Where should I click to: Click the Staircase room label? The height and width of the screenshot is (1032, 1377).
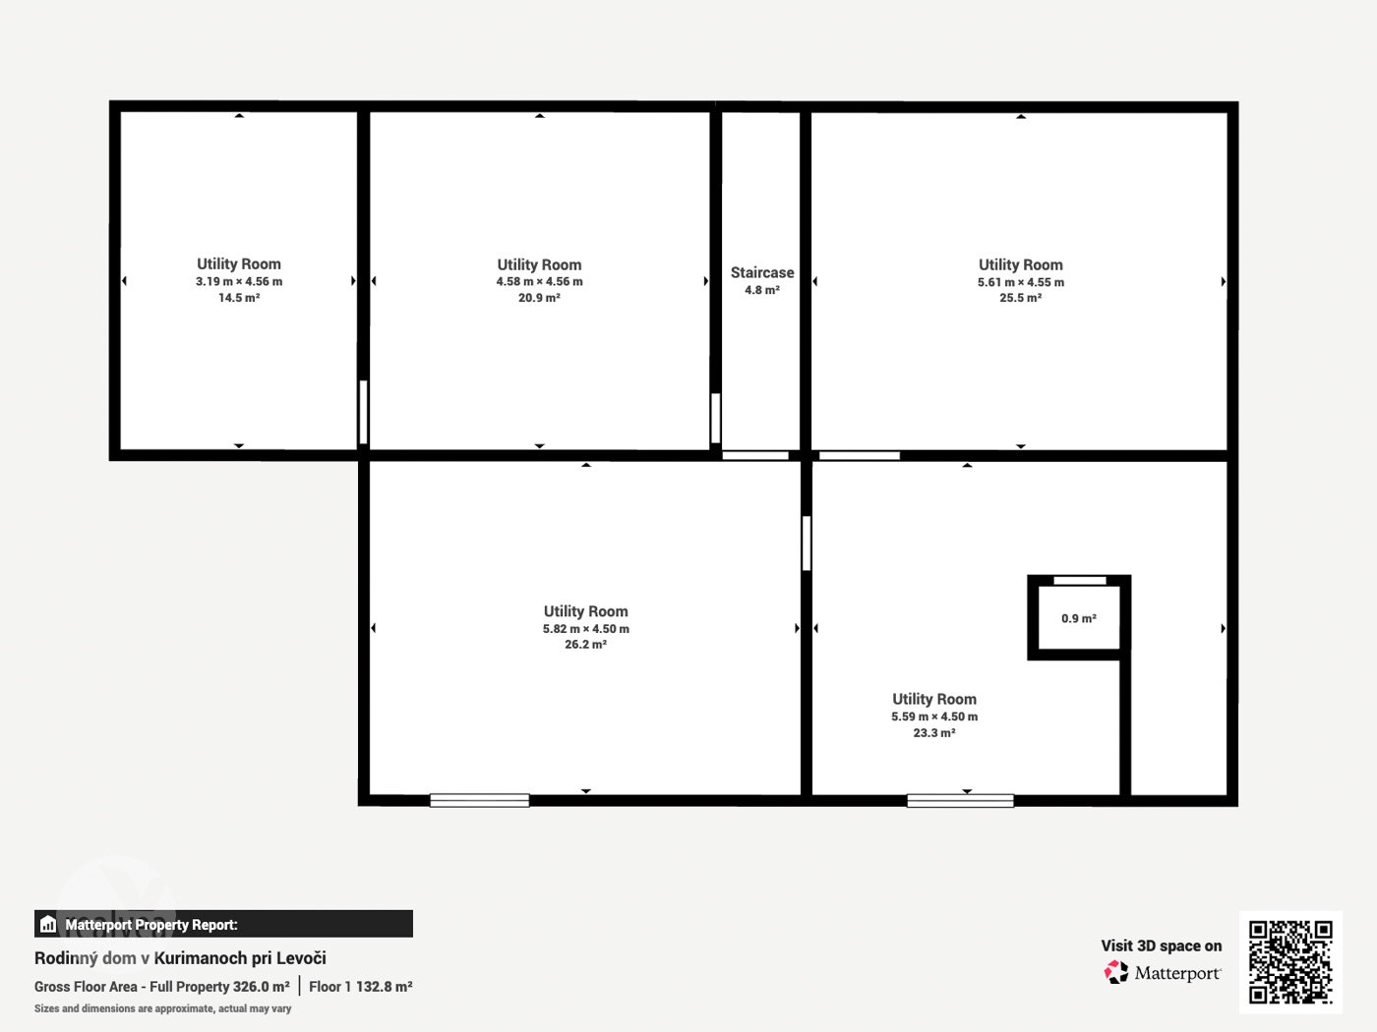(762, 272)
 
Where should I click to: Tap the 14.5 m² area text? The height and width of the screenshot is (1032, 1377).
(239, 298)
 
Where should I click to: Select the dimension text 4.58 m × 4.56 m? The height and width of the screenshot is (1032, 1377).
(540, 281)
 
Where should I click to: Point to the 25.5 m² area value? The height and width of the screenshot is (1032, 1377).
(1021, 298)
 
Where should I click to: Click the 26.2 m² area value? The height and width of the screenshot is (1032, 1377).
(586, 644)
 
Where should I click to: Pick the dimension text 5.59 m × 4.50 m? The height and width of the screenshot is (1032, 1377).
(934, 717)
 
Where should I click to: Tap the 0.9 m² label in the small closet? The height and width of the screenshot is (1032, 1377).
(1079, 618)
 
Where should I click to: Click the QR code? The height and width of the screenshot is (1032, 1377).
(1290, 962)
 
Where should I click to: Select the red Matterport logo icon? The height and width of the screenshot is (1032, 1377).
(1116, 972)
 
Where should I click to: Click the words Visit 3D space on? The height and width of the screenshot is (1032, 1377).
(1162, 946)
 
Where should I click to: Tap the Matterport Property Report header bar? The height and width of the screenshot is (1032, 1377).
(223, 924)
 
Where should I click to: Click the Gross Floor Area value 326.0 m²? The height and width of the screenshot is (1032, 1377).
(261, 986)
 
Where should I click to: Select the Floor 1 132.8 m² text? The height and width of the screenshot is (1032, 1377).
(361, 986)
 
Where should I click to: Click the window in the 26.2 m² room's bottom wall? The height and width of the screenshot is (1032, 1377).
(479, 800)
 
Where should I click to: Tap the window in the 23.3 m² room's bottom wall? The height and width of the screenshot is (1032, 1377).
(960, 800)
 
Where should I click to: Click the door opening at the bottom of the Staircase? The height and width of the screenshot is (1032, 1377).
(755, 455)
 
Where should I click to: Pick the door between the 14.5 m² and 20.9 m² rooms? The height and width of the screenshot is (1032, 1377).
(363, 412)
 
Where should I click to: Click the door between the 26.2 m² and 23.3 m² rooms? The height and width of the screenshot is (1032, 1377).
(807, 543)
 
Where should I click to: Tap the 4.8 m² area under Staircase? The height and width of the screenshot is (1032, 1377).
(762, 290)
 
